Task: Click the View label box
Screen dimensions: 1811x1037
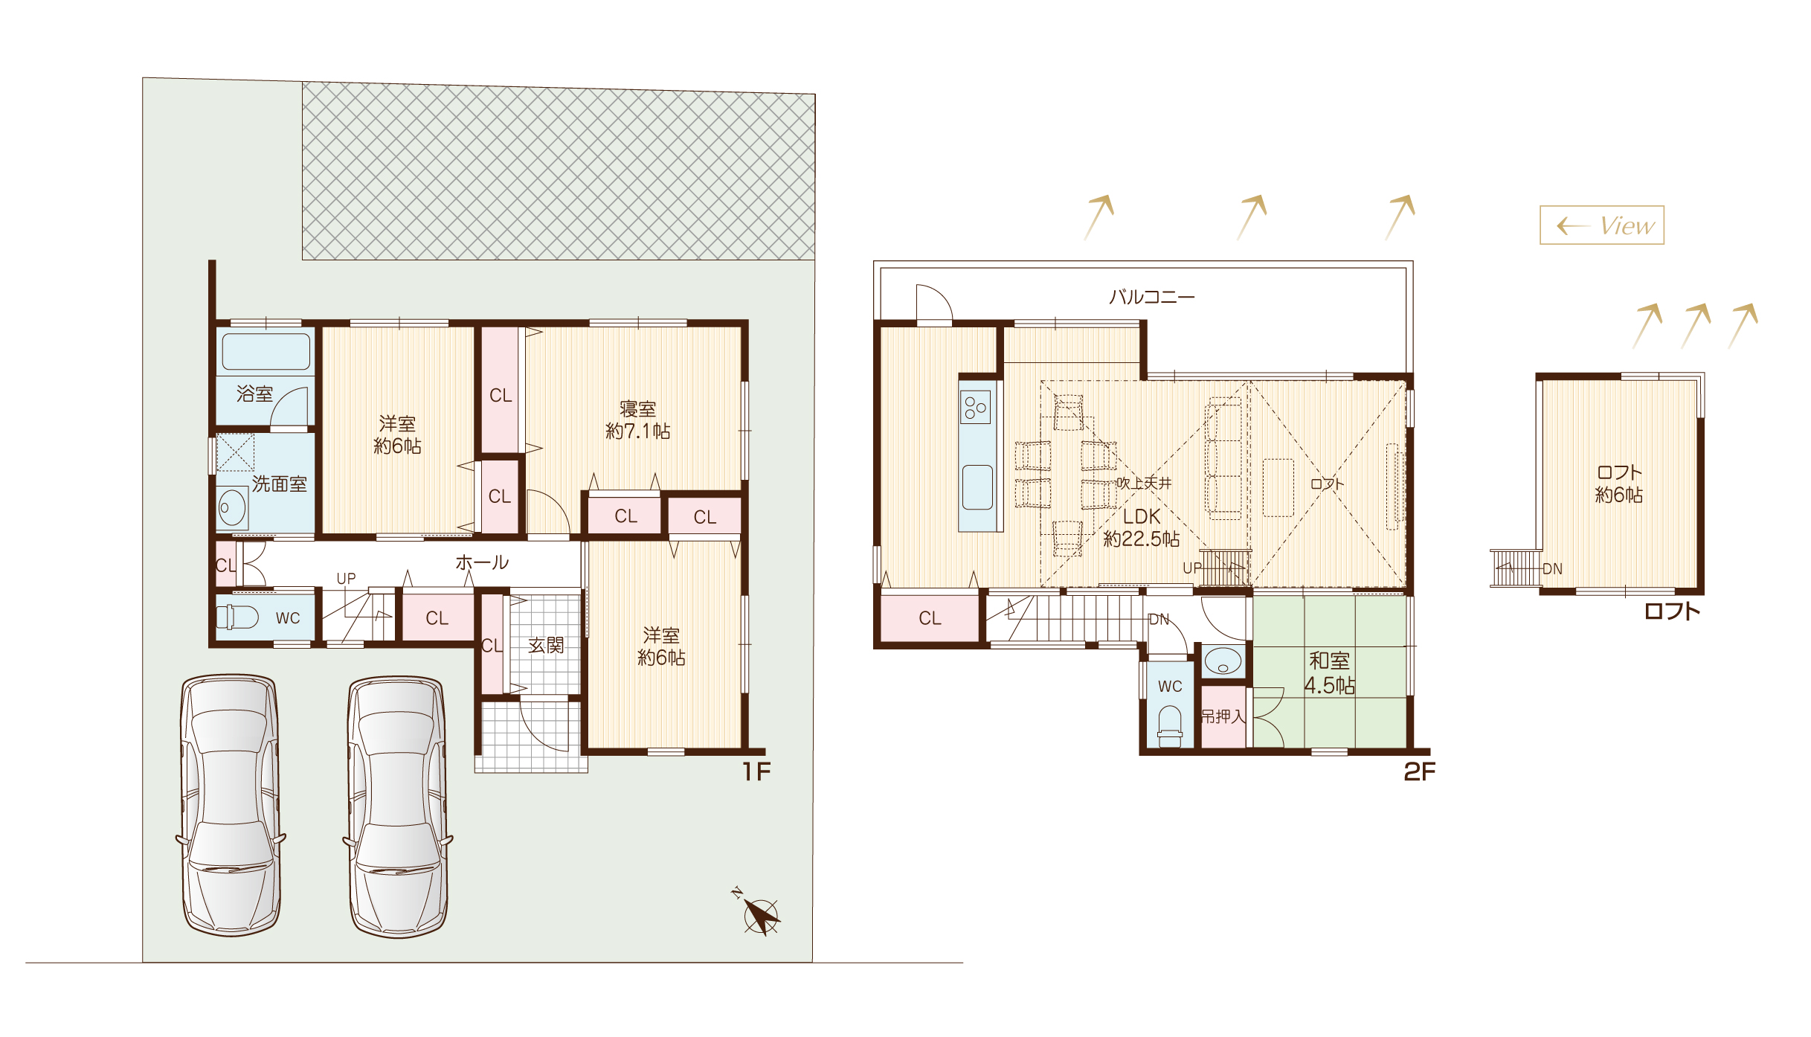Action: [x=1601, y=225]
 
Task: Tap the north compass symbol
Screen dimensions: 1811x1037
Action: [x=758, y=912]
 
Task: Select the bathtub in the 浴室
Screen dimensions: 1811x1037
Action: [x=266, y=351]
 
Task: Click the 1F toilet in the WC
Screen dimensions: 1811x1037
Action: [x=237, y=617]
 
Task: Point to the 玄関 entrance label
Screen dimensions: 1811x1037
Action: [x=546, y=645]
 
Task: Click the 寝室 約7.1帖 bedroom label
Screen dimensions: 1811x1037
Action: [x=638, y=420]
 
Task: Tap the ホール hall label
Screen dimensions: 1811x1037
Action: [x=482, y=562]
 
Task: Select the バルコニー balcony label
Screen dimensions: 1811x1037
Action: [x=1152, y=297]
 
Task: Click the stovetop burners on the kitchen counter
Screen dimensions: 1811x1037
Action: [x=975, y=407]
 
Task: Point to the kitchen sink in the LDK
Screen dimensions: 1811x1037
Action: [x=977, y=487]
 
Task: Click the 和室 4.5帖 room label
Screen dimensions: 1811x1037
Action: [x=1330, y=672]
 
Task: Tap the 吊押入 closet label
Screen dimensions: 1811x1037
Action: [x=1223, y=716]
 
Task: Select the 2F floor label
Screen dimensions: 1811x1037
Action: [x=1420, y=772]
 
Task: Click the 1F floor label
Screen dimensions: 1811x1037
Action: [x=757, y=772]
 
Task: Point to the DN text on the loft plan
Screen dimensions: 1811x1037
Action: [x=1552, y=569]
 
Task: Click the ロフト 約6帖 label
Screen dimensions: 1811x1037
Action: [x=1619, y=484]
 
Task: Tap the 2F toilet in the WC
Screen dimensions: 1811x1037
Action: [x=1170, y=726]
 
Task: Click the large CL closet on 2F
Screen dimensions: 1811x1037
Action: [x=930, y=617]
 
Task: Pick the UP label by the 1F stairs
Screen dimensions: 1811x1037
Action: [x=347, y=578]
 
